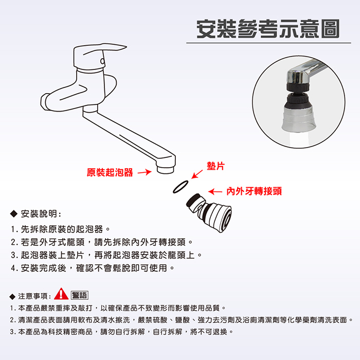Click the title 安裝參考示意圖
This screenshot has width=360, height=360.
coord(268,29)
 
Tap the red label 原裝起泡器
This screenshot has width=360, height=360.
coord(110,172)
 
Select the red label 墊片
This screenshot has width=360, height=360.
coord(215,166)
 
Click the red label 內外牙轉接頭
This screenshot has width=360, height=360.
coord(254,191)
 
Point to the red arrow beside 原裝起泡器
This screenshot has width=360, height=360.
coord(145,172)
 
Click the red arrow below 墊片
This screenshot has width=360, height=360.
coord(197,174)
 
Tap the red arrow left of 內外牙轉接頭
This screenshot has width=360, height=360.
coord(215,191)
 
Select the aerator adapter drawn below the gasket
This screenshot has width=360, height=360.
coord(209,212)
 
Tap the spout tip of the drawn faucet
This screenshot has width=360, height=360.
coord(166,169)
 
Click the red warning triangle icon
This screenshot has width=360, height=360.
coord(61,294)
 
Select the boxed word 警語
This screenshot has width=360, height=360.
coord(79,295)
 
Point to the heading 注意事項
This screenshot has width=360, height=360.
coord(34,296)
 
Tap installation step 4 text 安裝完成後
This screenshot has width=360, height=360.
coord(44,268)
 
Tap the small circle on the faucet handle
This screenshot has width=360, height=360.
coord(102,62)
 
